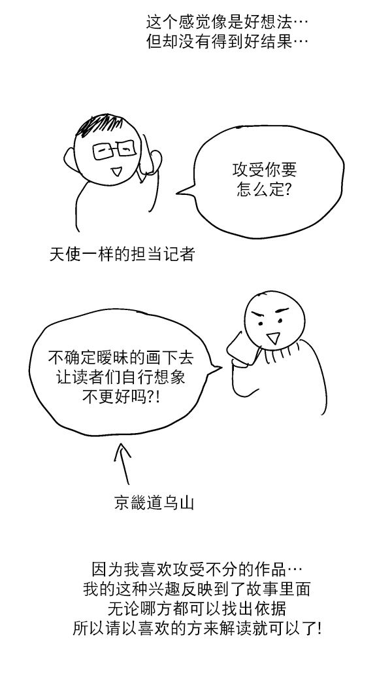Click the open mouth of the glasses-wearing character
coord(116,171)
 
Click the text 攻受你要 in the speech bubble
coord(265,170)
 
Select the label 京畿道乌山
coord(154,503)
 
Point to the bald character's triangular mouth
coord(272,338)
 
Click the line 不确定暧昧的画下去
coord(121,358)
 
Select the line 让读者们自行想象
coord(121,377)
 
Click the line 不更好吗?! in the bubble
coord(121,396)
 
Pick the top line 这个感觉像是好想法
coord(227,22)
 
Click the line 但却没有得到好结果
coord(227,42)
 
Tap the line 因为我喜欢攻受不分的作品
coord(197,568)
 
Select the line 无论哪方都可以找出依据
coord(197,608)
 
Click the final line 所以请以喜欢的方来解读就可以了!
coord(197,629)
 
